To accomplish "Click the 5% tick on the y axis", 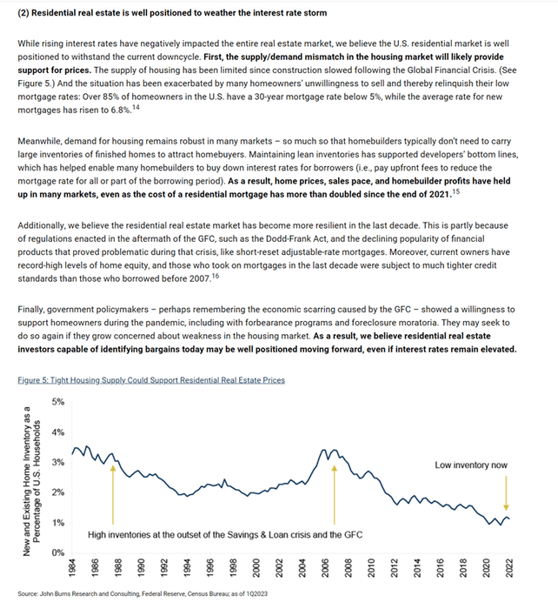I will pos(58,401).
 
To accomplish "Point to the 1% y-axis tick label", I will pos(58,522).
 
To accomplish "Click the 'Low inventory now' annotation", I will pos(471,465).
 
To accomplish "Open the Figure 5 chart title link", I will pos(150,380).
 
